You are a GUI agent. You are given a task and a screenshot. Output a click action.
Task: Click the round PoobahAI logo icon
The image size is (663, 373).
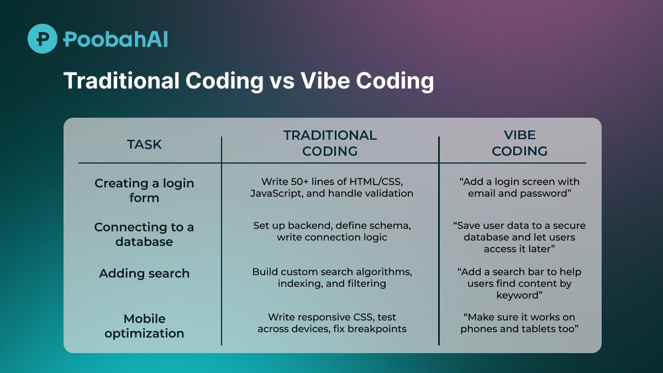click(43, 39)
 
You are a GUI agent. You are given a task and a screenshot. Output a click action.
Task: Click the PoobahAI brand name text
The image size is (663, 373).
click(115, 39)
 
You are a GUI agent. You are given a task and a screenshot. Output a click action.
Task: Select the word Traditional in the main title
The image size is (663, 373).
click(122, 81)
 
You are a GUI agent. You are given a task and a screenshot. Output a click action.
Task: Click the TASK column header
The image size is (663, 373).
click(144, 144)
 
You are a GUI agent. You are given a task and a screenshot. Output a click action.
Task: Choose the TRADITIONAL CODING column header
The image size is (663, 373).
click(330, 143)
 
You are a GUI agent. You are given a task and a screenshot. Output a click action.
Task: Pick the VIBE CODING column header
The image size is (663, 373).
click(519, 143)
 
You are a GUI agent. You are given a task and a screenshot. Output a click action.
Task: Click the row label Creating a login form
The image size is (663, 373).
click(144, 190)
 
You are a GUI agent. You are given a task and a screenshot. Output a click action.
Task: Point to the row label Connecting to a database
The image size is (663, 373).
click(144, 234)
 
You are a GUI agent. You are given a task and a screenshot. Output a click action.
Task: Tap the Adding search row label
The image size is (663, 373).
click(144, 273)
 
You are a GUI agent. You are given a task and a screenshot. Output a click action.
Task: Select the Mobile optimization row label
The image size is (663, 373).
click(144, 326)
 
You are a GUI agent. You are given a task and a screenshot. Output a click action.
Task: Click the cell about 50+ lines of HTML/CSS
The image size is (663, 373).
click(332, 187)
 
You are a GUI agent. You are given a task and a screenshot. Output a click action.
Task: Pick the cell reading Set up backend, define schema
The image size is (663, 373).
click(332, 231)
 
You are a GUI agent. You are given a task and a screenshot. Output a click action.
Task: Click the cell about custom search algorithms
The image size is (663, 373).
click(332, 277)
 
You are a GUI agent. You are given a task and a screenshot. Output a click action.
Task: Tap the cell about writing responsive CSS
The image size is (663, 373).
click(332, 323)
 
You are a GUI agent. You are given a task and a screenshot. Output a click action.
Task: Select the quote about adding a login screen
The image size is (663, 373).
click(519, 187)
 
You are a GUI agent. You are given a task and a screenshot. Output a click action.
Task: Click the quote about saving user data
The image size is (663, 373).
click(519, 237)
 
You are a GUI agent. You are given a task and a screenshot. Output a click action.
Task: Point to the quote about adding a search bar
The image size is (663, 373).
click(519, 283)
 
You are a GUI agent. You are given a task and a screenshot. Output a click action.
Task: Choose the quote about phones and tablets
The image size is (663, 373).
click(519, 323)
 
